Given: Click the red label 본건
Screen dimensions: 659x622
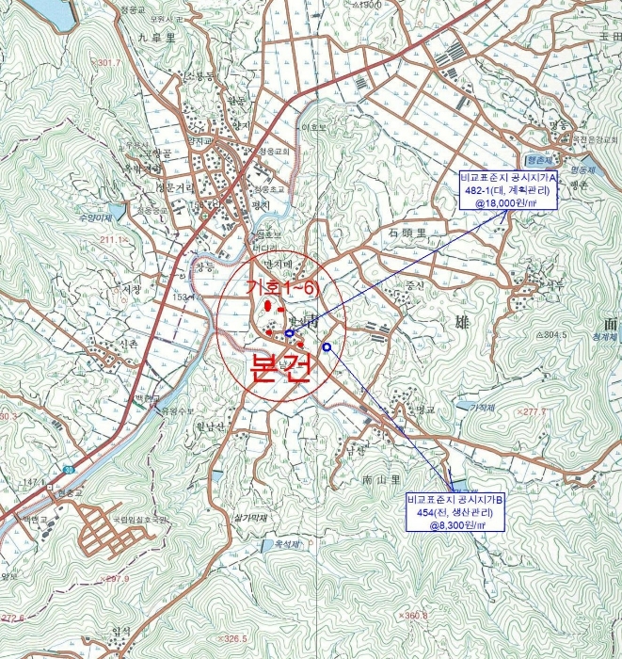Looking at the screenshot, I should (x=279, y=367).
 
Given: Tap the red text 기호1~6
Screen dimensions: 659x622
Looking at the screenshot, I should (x=279, y=287).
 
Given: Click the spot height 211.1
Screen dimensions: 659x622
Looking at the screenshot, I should (x=139, y=240).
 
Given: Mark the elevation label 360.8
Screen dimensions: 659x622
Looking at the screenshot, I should (x=413, y=616).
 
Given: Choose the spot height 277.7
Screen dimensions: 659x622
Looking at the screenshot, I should (x=534, y=411).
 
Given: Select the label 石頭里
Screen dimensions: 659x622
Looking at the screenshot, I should (x=407, y=231).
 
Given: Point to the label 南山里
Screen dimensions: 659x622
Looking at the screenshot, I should (x=381, y=479).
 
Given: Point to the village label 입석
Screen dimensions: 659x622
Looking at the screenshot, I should (x=120, y=631).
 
